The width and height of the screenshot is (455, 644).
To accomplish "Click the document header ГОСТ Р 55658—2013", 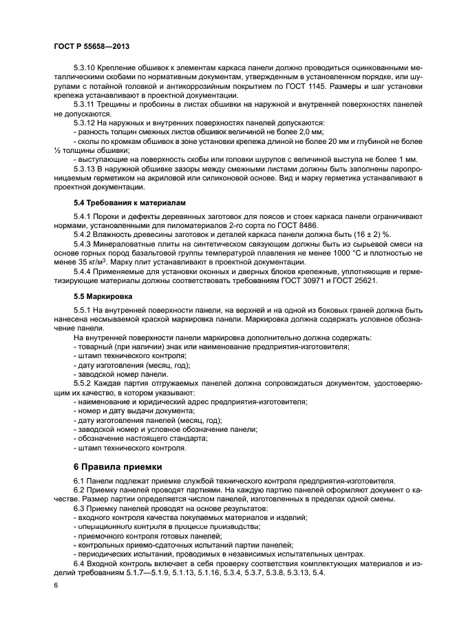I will coord(92,45).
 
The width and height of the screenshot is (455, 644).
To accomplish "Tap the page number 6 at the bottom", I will coord(55,585).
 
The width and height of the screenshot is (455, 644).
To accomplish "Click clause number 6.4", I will coord(80,563).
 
